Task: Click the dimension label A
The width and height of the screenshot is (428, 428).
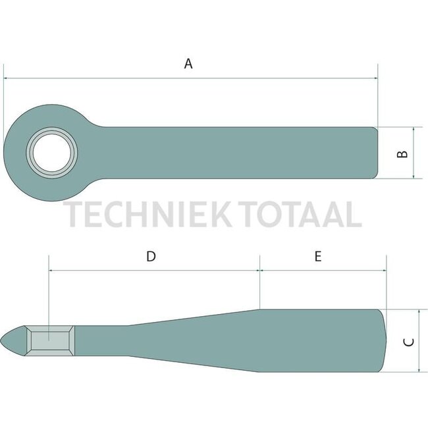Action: [188, 64]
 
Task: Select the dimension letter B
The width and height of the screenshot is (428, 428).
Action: [403, 154]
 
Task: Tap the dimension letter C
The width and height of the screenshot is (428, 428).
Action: [408, 342]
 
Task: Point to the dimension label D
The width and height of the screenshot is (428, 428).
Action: [151, 256]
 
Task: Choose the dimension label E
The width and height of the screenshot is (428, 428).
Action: [318, 256]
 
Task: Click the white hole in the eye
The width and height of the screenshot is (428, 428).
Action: [52, 153]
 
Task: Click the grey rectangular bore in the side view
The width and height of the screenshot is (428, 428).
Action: [50, 340]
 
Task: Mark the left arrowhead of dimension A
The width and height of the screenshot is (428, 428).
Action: [7, 78]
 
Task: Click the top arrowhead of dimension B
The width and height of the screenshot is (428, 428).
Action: [414, 130]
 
